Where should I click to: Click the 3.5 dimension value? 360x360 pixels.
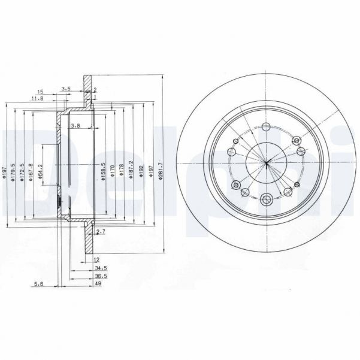66,89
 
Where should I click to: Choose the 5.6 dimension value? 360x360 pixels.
39,285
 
